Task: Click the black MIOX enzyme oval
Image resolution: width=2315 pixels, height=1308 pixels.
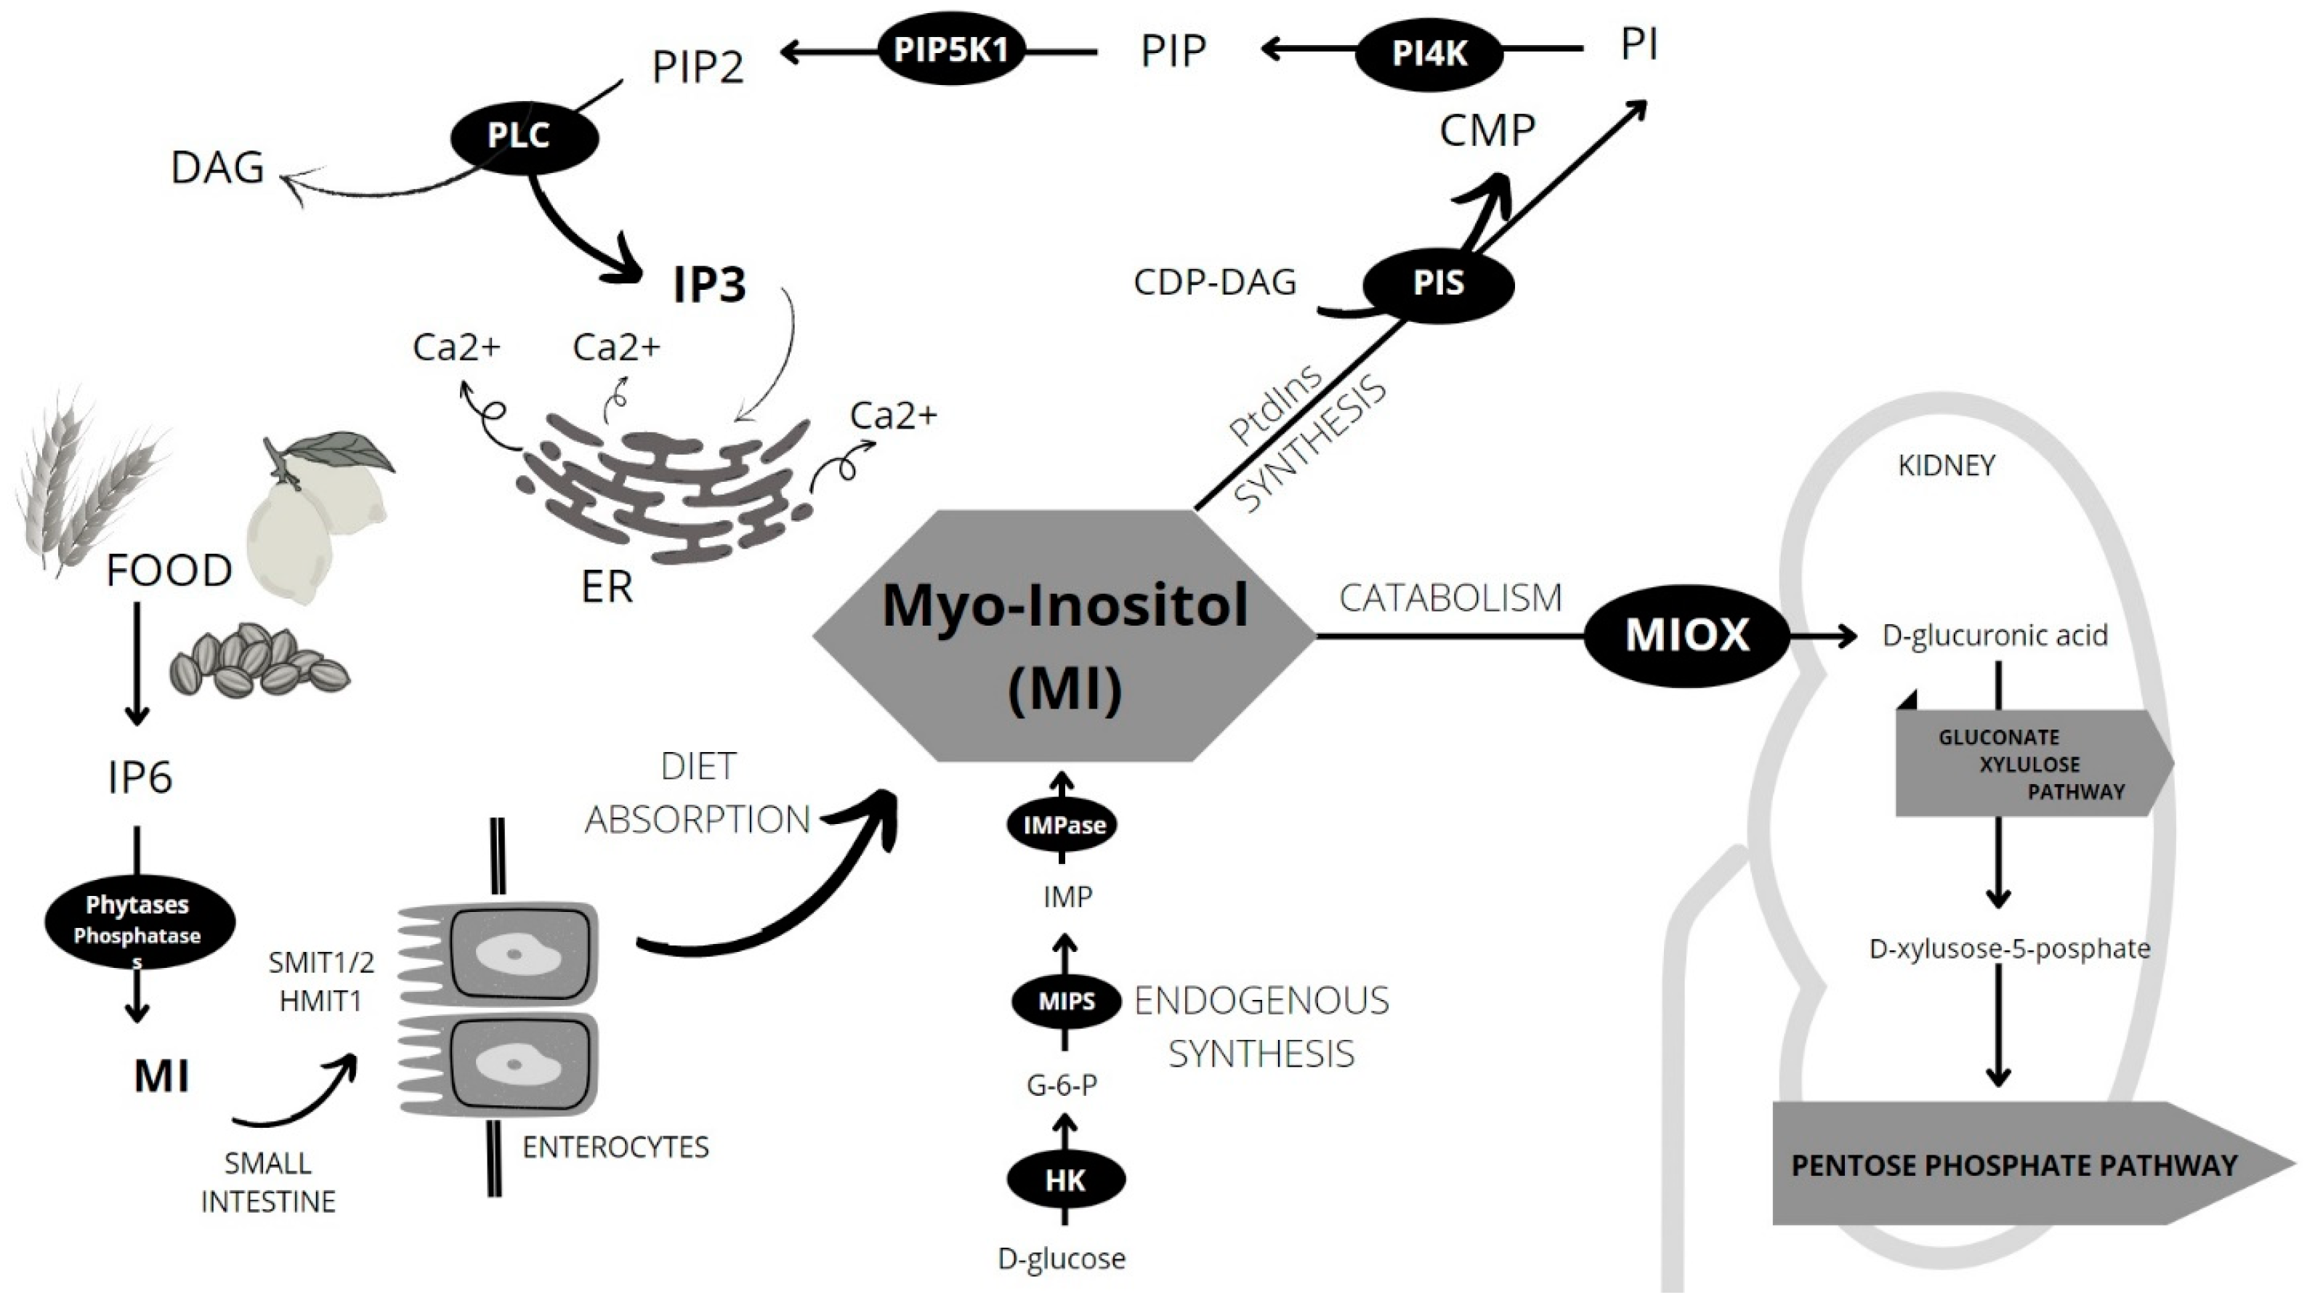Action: [x=1686, y=636]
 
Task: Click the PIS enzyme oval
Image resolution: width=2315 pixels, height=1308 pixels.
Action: [x=1438, y=284]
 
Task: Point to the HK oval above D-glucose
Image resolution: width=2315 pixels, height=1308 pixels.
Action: [x=1065, y=1180]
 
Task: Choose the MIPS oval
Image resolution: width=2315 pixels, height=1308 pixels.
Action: [x=1066, y=1001]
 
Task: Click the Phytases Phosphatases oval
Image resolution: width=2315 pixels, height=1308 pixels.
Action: [x=140, y=921]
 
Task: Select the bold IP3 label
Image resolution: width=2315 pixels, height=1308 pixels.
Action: [x=710, y=284]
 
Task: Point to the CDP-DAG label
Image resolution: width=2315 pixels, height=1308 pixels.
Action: [x=1214, y=282]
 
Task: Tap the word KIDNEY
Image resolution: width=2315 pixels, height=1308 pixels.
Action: [x=1946, y=466]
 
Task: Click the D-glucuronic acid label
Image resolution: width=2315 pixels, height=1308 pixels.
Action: [x=1994, y=636]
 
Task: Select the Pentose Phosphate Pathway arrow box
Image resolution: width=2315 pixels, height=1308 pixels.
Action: [x=2013, y=1165]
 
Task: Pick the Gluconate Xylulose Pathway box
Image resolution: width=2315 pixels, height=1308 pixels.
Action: [x=2031, y=764]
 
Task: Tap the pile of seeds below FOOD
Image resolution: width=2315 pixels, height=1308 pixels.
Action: [x=259, y=661]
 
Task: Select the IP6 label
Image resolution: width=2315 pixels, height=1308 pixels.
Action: [x=140, y=778]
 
